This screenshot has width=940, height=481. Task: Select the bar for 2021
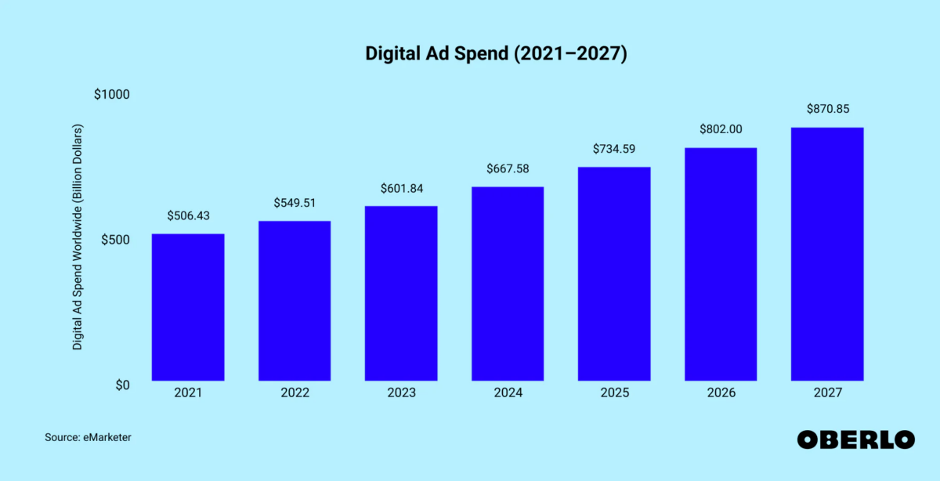click(188, 307)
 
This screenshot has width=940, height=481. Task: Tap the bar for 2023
click(401, 294)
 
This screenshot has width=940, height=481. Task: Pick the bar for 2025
click(614, 274)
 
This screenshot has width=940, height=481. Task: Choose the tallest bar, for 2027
click(827, 255)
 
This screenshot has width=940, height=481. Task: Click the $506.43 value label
click(188, 216)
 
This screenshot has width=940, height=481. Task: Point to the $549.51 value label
click(295, 203)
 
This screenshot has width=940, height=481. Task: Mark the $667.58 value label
click(508, 168)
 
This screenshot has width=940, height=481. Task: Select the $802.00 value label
click(721, 129)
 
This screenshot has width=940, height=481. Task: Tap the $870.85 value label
click(827, 109)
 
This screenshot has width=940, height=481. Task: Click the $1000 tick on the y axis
click(111, 94)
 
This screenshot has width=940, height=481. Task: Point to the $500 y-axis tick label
click(115, 240)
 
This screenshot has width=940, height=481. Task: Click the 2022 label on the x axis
click(295, 392)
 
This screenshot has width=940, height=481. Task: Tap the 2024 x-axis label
click(508, 392)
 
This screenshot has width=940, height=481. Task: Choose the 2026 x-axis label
click(721, 392)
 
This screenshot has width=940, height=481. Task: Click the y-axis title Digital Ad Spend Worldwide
click(78, 237)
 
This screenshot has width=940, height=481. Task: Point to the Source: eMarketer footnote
click(88, 438)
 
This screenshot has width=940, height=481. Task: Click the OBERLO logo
click(855, 439)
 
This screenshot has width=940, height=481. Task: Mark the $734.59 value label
click(614, 149)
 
